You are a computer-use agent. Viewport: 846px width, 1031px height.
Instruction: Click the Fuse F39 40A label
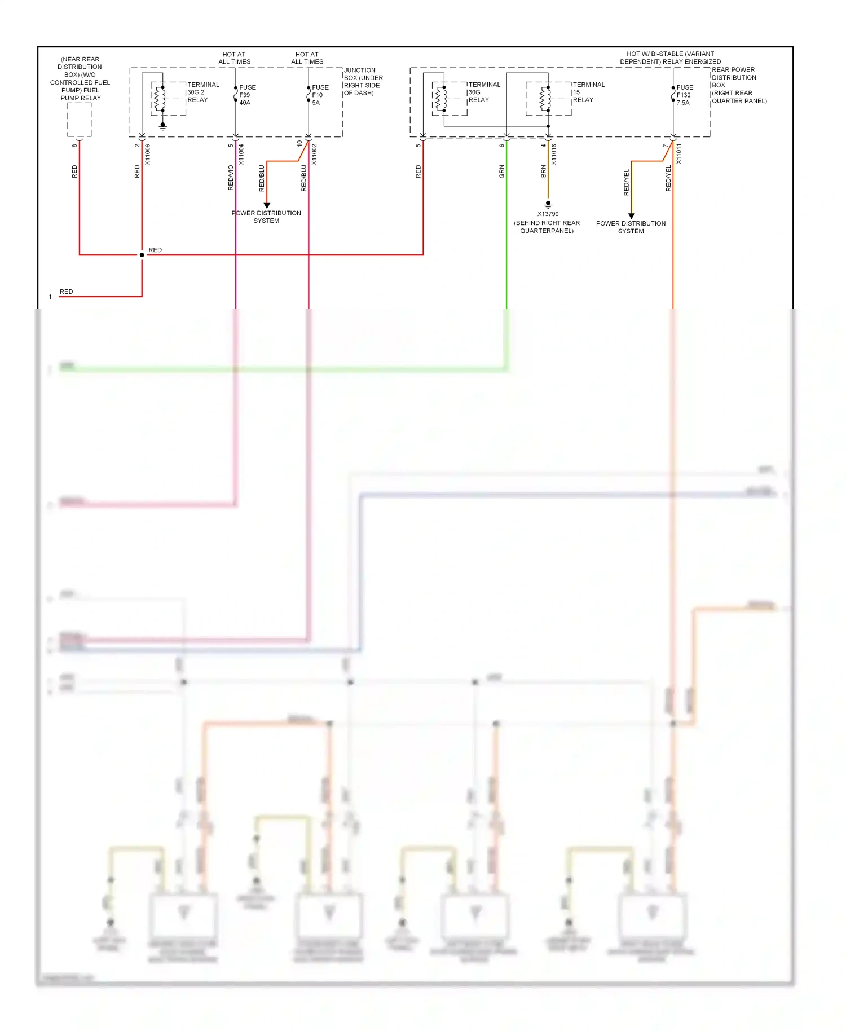click(247, 95)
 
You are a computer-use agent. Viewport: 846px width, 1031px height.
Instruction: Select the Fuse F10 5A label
click(320, 95)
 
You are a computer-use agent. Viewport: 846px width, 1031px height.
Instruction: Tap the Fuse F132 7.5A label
click(684, 95)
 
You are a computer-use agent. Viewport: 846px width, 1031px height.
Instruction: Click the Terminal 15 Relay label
click(588, 92)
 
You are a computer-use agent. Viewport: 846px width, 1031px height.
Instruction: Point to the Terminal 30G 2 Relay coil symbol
click(161, 99)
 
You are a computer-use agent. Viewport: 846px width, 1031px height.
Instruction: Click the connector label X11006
click(148, 154)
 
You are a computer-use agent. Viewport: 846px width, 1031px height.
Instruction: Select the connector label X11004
click(241, 154)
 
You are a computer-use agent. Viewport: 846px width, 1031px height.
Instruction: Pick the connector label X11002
click(315, 154)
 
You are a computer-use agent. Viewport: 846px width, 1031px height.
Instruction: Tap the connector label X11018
click(554, 154)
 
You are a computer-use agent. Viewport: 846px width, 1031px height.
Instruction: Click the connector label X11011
click(679, 154)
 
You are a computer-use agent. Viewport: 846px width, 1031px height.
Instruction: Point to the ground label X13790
click(548, 214)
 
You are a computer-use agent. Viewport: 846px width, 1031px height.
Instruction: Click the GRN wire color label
click(501, 171)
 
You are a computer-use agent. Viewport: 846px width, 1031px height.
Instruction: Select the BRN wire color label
click(543, 171)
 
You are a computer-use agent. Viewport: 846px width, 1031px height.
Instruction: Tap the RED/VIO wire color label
click(230, 177)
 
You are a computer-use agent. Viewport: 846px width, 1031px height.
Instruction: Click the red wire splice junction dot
click(142, 255)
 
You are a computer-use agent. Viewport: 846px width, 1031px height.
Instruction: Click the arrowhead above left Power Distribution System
click(267, 205)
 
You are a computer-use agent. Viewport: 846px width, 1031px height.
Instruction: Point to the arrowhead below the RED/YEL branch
click(631, 215)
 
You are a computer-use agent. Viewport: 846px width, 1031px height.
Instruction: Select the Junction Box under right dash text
click(363, 82)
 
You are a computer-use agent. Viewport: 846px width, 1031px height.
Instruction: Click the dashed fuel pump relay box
click(80, 120)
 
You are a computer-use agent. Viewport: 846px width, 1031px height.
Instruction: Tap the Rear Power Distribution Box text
click(738, 85)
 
